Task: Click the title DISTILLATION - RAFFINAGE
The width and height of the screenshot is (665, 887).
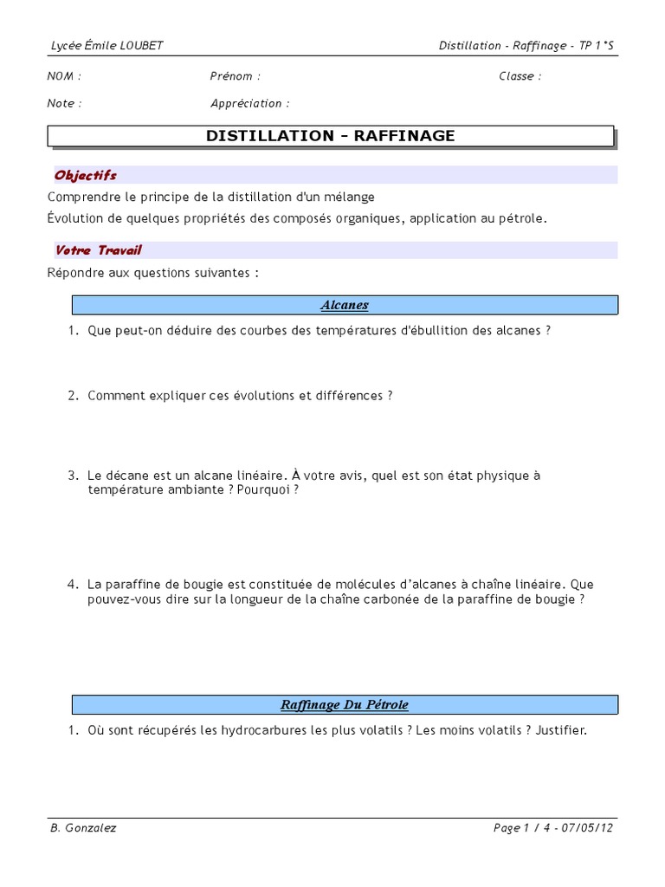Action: click(x=330, y=136)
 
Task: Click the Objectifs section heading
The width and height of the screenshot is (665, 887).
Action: click(x=86, y=175)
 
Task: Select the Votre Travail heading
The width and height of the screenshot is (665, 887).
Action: click(x=98, y=250)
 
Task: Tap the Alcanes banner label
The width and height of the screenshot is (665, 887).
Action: click(x=344, y=305)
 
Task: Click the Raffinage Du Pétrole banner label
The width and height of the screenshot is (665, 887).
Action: click(x=344, y=704)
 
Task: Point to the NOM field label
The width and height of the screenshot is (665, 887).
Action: click(x=63, y=76)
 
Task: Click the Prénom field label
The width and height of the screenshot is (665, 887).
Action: click(x=235, y=76)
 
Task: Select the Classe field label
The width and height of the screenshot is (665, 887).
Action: click(x=520, y=76)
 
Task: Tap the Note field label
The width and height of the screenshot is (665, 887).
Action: click(x=64, y=104)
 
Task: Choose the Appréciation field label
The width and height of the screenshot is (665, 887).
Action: click(x=249, y=104)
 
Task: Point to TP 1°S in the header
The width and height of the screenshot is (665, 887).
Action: click(x=597, y=46)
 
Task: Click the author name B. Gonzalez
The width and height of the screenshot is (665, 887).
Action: click(x=82, y=828)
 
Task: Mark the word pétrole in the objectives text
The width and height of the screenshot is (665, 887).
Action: click(x=521, y=218)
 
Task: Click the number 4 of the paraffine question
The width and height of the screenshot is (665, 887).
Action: click(x=74, y=585)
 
